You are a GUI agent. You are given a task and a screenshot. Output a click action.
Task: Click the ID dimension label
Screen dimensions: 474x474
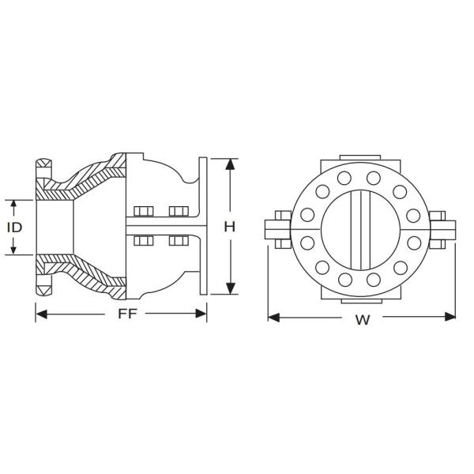(13, 227)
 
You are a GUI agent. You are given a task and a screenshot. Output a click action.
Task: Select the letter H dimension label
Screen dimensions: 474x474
(230, 227)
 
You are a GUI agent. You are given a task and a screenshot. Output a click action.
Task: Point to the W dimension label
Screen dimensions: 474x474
(363, 320)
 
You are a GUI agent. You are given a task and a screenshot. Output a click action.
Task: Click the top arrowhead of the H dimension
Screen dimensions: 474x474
(230, 164)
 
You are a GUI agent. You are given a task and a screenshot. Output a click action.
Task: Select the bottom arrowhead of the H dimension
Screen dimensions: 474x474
(230, 289)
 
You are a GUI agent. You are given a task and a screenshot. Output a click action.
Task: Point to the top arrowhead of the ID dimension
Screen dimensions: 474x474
(13, 203)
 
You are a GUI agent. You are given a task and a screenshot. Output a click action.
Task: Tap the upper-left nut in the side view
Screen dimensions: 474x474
(143, 212)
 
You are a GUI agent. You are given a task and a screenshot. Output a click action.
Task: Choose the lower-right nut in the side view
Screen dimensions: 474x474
(178, 240)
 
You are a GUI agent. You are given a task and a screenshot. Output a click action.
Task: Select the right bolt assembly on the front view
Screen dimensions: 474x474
(439, 229)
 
